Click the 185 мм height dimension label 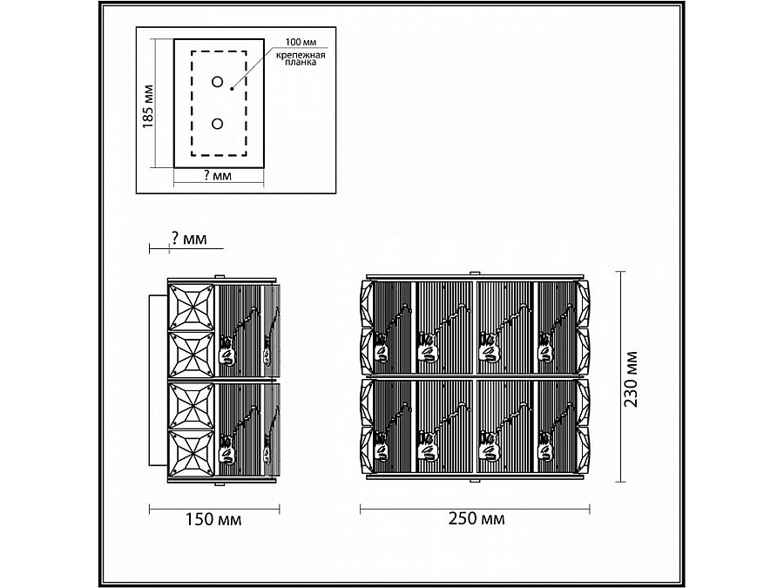pyautogui.click(x=148, y=106)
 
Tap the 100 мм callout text pyautogui.click(x=301, y=43)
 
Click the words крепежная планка pyautogui.click(x=301, y=58)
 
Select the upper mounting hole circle pyautogui.click(x=218, y=82)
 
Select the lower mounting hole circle pyautogui.click(x=218, y=124)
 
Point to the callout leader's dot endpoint pyautogui.click(x=232, y=89)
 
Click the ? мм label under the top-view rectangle pyautogui.click(x=219, y=176)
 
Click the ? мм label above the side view pyautogui.click(x=189, y=239)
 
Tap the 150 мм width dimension pyautogui.click(x=213, y=519)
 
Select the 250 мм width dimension pyautogui.click(x=476, y=518)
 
